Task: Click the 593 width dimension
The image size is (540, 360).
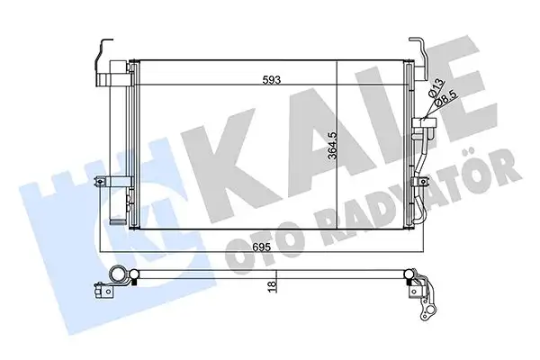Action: click(270, 79)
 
